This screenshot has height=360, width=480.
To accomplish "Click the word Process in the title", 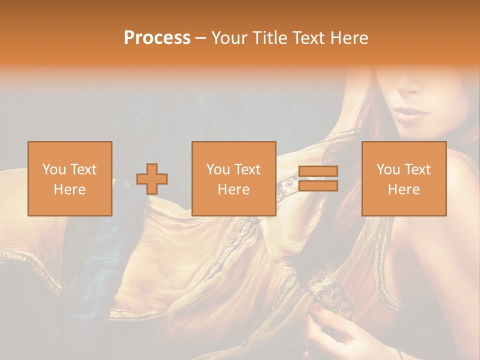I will [x=157, y=38].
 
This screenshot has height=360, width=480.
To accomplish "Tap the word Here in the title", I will [x=348, y=38].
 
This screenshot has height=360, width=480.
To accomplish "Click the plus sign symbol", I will [x=152, y=179].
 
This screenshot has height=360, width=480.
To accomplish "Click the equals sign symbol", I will [x=318, y=178].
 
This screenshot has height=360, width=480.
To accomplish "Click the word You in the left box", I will [x=53, y=169].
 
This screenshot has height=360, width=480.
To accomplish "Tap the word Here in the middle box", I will [x=234, y=189].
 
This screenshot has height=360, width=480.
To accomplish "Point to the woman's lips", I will [x=411, y=112].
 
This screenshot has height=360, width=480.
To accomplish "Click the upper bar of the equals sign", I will [x=318, y=171].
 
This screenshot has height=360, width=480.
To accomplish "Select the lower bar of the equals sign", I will [x=318, y=186].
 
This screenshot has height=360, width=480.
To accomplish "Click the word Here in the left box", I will [x=70, y=189].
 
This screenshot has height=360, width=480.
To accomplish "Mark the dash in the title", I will [x=201, y=38].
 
